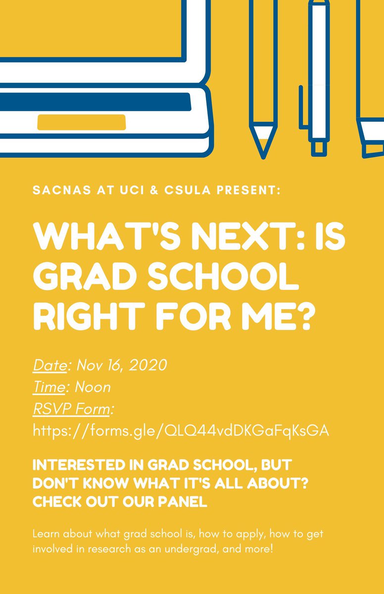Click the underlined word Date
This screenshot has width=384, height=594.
point(49,366)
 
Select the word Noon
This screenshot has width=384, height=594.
point(93,387)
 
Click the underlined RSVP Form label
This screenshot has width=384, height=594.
point(72,409)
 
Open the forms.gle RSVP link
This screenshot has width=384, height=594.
point(181,431)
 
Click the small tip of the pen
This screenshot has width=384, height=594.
point(319,147)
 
